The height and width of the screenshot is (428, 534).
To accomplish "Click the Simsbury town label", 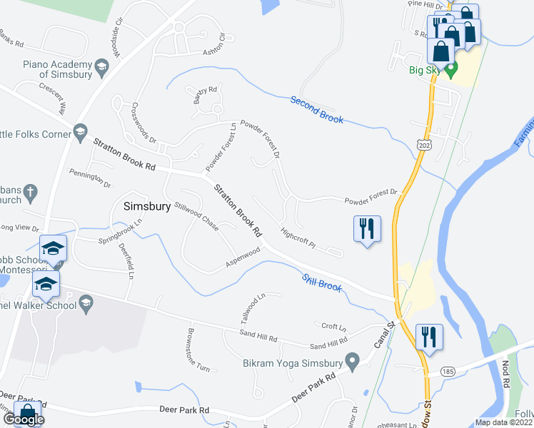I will tap(147, 207).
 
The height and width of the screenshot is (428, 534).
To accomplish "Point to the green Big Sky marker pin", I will tap(451, 70).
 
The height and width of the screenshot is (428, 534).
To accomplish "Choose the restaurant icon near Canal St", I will tap(429, 337).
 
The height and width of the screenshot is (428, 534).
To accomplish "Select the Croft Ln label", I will tap(333, 327).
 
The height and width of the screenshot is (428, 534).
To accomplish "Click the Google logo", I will tap(23, 420).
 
